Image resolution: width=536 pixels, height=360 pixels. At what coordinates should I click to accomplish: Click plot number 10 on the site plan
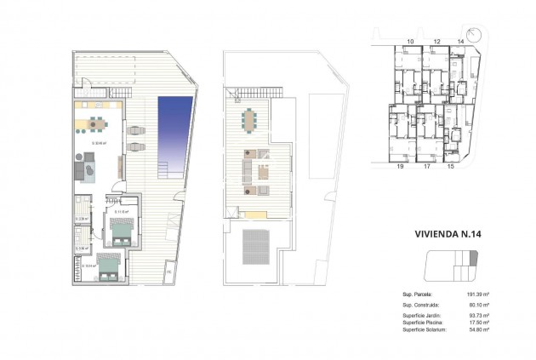pyautogui.click(x=410, y=41)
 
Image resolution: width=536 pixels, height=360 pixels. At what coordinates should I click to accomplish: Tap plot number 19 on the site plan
pyautogui.click(x=398, y=167)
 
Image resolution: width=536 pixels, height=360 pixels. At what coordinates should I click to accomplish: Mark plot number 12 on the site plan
pyautogui.click(x=436, y=41)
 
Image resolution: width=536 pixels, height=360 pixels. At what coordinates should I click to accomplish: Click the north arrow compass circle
pyautogui.click(x=481, y=37)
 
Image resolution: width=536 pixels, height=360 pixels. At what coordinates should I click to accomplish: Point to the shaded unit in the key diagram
pyautogui.click(x=474, y=258)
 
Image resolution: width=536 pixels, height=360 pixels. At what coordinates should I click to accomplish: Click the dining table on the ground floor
pyautogui.click(x=97, y=124)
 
